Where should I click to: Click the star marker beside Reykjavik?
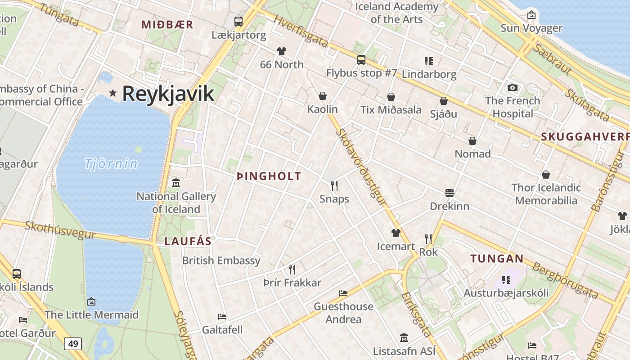(112, 93)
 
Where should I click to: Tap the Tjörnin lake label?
(111, 163)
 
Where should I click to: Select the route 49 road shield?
(73, 344)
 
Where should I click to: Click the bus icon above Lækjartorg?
(238, 21)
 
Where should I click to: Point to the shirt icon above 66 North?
(282, 51)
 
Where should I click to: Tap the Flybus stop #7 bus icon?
(361, 60)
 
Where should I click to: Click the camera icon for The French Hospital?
(512, 87)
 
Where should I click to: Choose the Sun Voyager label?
(531, 28)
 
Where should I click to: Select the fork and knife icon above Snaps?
(334, 185)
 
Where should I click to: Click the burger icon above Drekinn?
(449, 193)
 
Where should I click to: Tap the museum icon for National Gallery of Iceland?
(176, 183)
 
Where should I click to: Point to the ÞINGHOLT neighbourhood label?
(269, 176)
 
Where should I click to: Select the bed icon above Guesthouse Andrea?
(343, 293)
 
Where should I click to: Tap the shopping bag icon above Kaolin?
(322, 96)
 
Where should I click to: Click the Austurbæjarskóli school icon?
(506, 280)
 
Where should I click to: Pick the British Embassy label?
(221, 261)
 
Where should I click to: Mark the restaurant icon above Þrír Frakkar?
(292, 270)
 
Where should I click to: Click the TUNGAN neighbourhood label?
(497, 259)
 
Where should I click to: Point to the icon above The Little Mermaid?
(91, 301)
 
